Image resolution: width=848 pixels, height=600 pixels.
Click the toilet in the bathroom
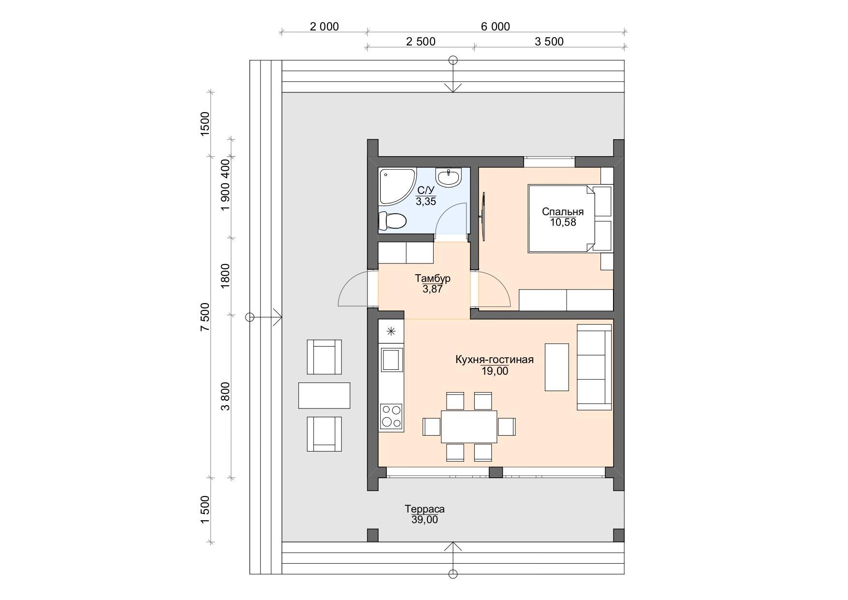coord(392,221)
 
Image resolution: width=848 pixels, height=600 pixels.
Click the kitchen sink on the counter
coord(391,359)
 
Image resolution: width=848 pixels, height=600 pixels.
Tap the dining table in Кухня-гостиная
coord(469,426)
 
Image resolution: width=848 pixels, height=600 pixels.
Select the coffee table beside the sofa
coord(556,367)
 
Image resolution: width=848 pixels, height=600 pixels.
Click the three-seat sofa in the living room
coord(594,367)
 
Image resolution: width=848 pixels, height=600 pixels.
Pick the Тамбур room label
coord(433,278)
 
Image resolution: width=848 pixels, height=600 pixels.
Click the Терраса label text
coord(425,509)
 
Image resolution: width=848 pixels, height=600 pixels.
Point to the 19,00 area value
coord(495,371)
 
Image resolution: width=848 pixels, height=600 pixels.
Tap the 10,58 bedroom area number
coord(563,222)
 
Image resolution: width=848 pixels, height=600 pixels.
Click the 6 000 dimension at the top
coord(496,27)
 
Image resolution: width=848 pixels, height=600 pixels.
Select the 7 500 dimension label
coord(205,317)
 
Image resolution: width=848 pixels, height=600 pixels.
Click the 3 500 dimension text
coord(549,42)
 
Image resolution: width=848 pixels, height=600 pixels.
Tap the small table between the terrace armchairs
coord(324,395)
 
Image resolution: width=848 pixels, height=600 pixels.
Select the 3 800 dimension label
coord(226,396)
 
